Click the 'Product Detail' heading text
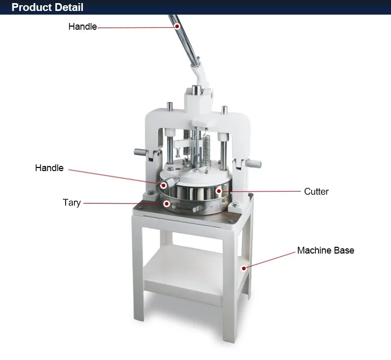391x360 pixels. pos(47,7)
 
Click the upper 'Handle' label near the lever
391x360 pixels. pos(82,27)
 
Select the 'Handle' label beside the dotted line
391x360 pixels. pos(49,168)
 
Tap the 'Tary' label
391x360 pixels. pos(71,202)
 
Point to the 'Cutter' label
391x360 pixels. pos(316,191)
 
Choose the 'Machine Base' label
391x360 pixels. pos(326,250)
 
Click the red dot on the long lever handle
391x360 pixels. pos(177,26)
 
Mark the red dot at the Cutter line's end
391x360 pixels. pos(218,191)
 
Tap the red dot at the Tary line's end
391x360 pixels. pos(167,203)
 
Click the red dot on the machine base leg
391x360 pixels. pos(244,268)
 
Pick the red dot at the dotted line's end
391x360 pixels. pos(164,185)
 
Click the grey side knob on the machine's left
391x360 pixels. pos(141,152)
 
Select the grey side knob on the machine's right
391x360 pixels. pos(253,164)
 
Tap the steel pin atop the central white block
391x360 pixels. pos(195,90)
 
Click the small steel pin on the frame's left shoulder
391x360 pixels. pos(170,106)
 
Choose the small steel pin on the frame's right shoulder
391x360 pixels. pos(224,110)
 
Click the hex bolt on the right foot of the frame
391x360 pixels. pos(235,205)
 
